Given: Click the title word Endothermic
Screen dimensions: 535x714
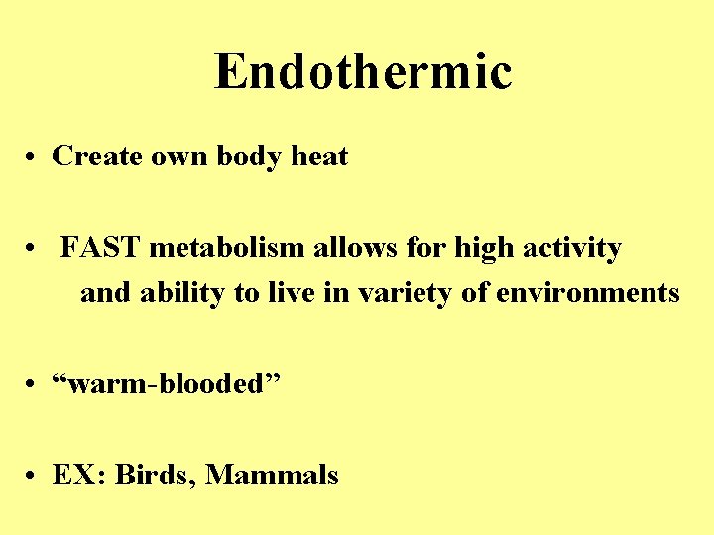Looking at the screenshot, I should [362, 71].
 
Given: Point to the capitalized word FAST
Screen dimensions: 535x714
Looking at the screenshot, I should [101, 248].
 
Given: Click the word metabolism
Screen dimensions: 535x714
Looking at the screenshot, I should [228, 248].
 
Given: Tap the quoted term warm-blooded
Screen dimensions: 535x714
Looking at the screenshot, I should [168, 384].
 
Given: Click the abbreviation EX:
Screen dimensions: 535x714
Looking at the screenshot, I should [79, 476].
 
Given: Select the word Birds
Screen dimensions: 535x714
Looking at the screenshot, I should [156, 476].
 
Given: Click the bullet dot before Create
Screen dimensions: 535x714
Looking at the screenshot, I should [34, 158].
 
